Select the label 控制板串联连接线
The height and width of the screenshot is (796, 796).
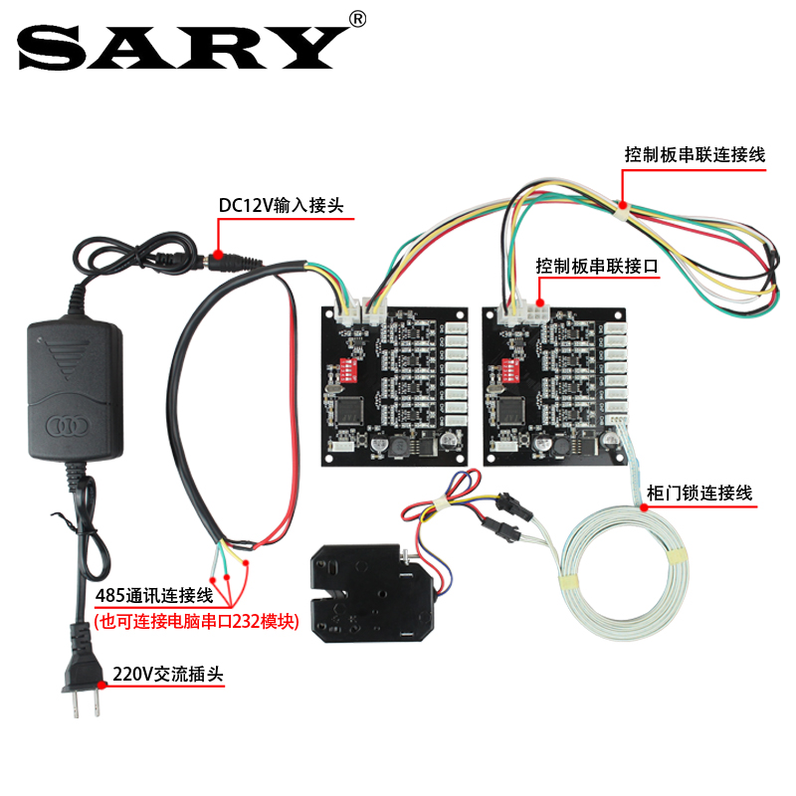pos(694,154)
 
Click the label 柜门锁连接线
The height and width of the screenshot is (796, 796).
pos(699,493)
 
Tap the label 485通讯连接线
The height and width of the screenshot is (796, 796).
pos(154,596)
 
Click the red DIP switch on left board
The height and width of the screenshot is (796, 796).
pos(347,369)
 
